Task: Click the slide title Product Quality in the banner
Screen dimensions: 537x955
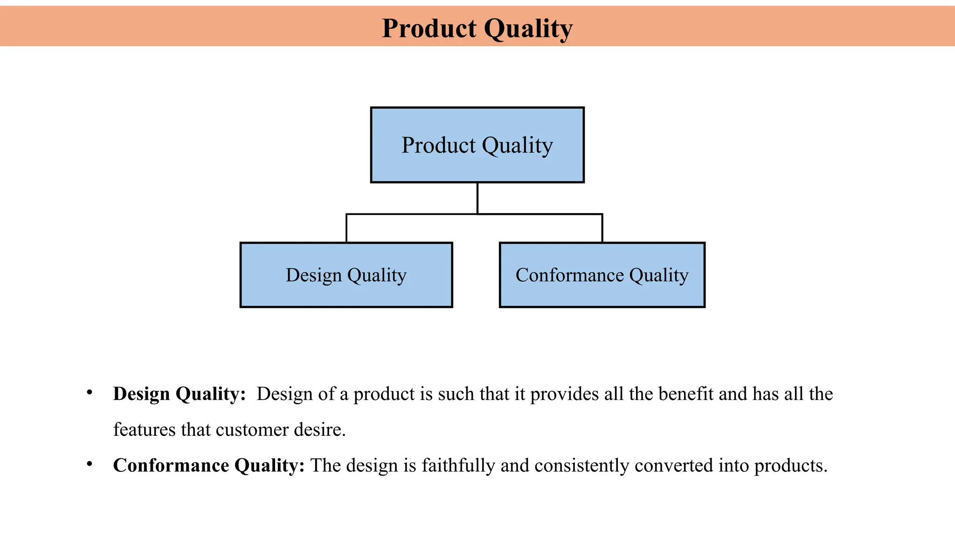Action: point(477,28)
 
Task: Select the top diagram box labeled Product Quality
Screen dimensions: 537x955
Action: point(477,145)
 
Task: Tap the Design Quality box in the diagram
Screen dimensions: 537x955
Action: point(346,275)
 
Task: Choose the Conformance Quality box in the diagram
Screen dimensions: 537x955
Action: point(602,275)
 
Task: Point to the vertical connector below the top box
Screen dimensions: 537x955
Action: point(477,198)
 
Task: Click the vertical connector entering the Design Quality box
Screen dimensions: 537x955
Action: point(346,228)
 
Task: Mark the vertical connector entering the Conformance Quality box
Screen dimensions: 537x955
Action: point(602,228)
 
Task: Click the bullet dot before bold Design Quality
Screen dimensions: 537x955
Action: point(90,392)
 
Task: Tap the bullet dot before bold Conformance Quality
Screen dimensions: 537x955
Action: point(90,464)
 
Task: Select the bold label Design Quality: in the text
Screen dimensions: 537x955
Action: point(179,394)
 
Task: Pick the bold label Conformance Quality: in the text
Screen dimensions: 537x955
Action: point(208,466)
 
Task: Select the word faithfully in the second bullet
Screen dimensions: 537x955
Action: point(458,466)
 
